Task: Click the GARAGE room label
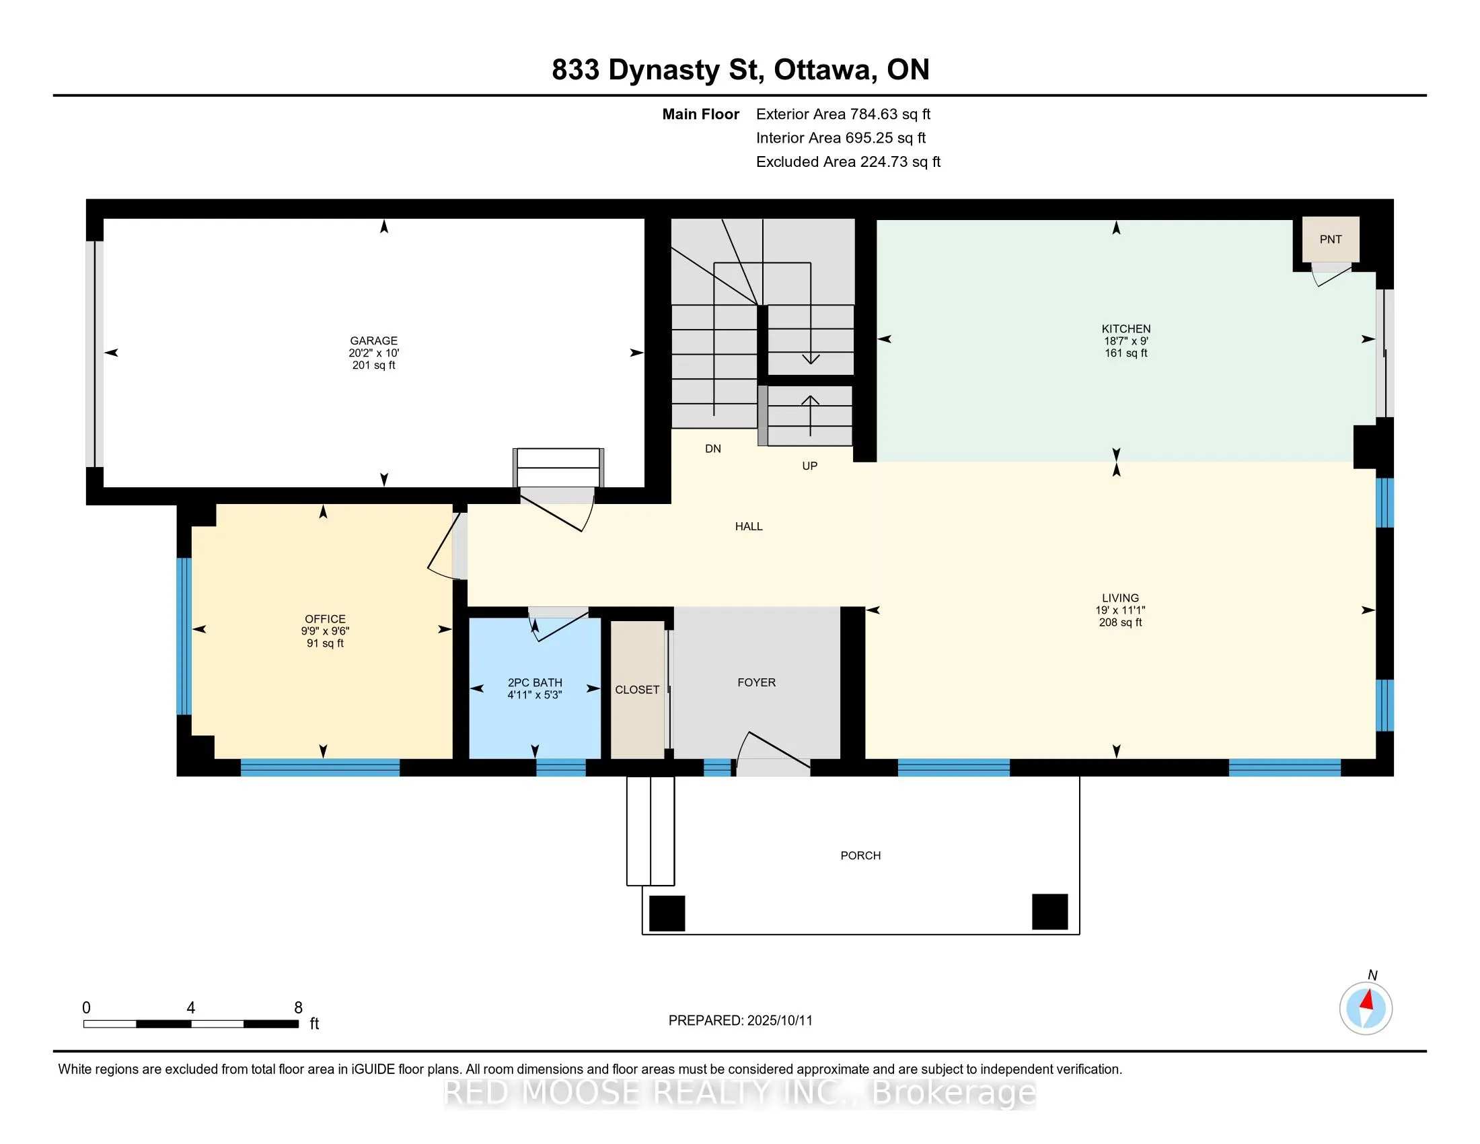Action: [x=373, y=341]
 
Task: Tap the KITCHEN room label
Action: [x=1125, y=328]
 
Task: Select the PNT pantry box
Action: [x=1330, y=240]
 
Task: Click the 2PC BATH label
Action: [x=535, y=682]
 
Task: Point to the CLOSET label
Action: [x=637, y=690]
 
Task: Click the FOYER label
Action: [x=756, y=682]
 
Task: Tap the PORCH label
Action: [x=860, y=855]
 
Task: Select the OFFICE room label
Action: [x=326, y=618]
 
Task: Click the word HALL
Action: [x=749, y=526]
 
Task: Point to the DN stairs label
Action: [x=713, y=449]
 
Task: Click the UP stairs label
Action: [x=810, y=466]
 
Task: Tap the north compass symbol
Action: [x=1366, y=1008]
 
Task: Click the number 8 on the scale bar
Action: [x=298, y=1008]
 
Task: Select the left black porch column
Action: [x=667, y=913]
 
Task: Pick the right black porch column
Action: [x=1049, y=912]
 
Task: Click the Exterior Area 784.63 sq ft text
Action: [x=843, y=114]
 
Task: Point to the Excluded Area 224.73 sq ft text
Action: [x=848, y=162]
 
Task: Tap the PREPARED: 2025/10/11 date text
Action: [x=740, y=1021]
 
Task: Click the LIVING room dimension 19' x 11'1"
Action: [x=1120, y=610]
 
